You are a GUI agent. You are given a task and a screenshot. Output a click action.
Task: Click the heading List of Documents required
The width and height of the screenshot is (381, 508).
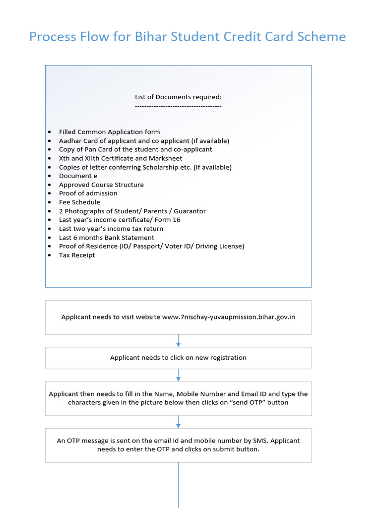coord(178,97)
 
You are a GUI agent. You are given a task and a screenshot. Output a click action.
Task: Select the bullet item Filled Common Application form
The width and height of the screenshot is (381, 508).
coord(109,132)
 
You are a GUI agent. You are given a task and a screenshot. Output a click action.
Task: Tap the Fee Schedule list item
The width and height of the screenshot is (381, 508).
coord(79,202)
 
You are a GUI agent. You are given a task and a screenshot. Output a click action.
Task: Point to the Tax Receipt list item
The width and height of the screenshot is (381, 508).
coord(77,255)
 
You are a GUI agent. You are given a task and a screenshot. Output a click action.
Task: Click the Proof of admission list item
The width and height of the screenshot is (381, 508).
coord(88,193)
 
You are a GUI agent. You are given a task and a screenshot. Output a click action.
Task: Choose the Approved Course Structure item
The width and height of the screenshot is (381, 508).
coord(101,185)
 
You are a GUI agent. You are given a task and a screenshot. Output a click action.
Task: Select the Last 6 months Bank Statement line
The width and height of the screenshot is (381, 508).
coord(106,238)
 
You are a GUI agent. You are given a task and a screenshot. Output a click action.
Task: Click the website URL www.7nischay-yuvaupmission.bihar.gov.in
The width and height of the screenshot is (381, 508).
coord(228,317)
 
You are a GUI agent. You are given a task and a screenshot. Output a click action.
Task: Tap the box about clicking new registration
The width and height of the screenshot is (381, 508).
coord(178,358)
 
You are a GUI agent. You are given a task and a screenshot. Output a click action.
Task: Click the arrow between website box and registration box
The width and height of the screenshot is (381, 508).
coord(179,341)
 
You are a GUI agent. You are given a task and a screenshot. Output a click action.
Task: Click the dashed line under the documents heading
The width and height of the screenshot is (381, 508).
coord(178,106)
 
